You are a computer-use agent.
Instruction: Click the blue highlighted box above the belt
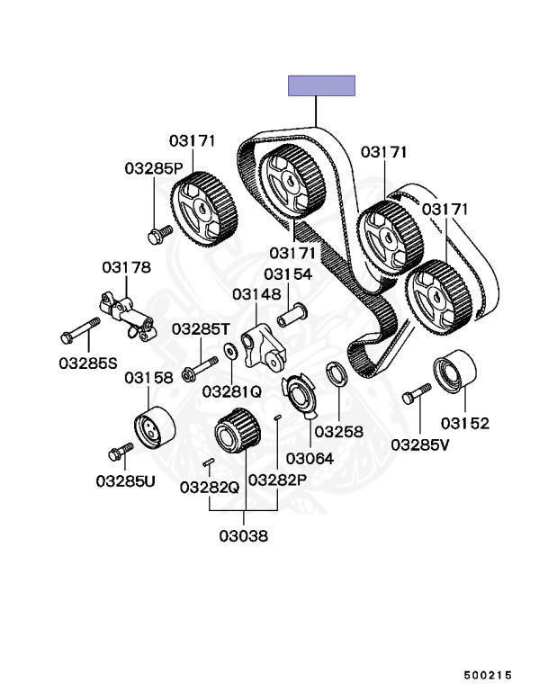[x=321, y=86]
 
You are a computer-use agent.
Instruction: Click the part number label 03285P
[x=154, y=168]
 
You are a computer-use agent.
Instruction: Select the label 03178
[x=126, y=267]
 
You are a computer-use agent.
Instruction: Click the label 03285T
[x=202, y=329]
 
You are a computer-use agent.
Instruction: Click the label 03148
[x=256, y=293]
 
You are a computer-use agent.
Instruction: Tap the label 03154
[x=288, y=274]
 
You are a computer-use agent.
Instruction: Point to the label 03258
[x=338, y=431]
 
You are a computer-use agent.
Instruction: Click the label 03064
[x=310, y=458]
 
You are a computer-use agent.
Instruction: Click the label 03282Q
[x=209, y=487]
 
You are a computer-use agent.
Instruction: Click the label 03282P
[x=278, y=480]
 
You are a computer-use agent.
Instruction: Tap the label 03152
[x=465, y=423]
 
